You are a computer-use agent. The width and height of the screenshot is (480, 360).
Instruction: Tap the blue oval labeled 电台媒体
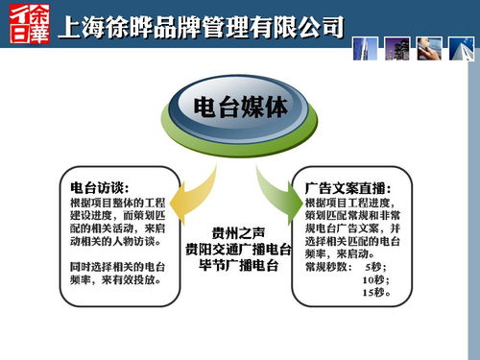[239, 108]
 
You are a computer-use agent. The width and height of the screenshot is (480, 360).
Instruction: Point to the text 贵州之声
[239, 232]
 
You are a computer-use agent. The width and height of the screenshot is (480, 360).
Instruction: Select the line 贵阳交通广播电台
[239, 249]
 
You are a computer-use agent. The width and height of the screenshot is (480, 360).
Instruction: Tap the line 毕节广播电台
[239, 264]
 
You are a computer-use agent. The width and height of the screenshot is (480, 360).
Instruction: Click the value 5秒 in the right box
[378, 266]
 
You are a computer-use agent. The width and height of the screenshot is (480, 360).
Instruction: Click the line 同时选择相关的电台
[112, 264]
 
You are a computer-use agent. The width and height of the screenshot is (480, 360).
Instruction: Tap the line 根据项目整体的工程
[112, 204]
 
